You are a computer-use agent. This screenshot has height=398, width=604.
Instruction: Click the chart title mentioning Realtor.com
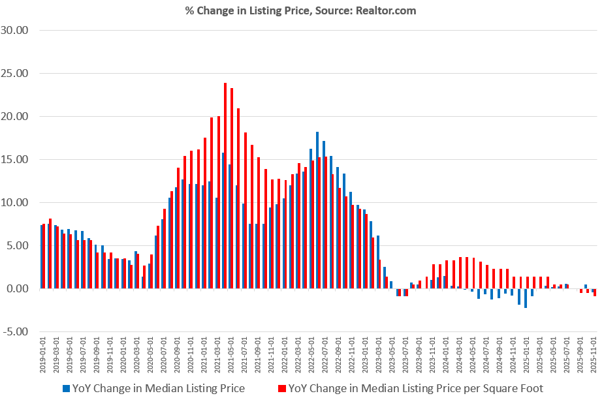pyautogui.click(x=302, y=10)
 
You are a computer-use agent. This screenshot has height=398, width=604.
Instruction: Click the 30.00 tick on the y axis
pyautogui.click(x=16, y=30)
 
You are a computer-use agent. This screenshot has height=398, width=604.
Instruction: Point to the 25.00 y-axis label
pyautogui.click(x=16, y=73)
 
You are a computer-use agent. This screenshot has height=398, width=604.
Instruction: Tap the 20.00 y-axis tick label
pyautogui.click(x=16, y=116)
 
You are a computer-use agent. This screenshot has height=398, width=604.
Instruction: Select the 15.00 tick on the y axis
pyautogui.click(x=16, y=159)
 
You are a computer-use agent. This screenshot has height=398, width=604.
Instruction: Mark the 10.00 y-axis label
pyautogui.click(x=16, y=202)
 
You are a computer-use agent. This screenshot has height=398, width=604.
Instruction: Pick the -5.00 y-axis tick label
pyautogui.click(x=16, y=331)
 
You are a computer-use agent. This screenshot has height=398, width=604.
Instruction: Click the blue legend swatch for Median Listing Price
pyautogui.click(x=65, y=389)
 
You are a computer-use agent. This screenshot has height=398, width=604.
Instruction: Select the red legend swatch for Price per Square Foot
pyautogui.click(x=281, y=389)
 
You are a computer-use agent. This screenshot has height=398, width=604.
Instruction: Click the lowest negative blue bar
pyautogui.click(x=526, y=298)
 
